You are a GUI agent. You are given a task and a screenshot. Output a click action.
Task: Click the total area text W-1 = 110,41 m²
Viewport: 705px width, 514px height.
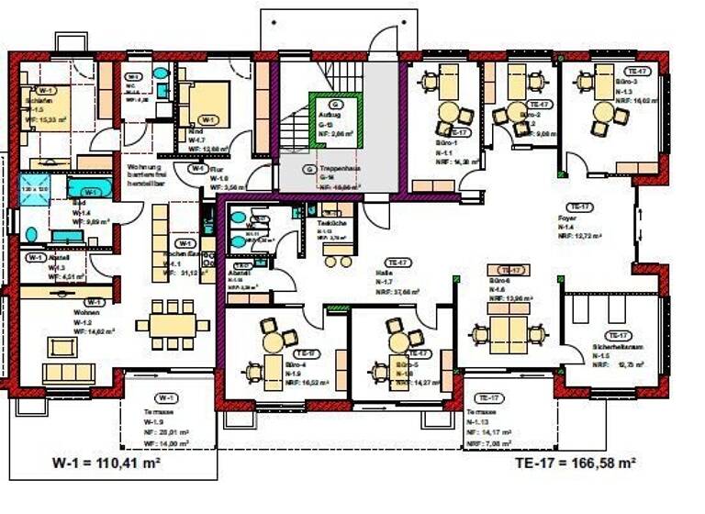tap(107, 464)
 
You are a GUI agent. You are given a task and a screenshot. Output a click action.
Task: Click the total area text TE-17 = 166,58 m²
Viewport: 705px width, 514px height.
tap(576, 464)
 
